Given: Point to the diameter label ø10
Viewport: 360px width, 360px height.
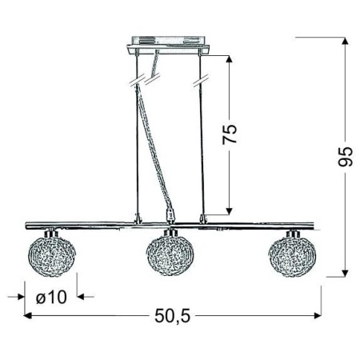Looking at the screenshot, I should [51, 296].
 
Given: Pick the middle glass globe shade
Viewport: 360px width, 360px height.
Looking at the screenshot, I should [169, 254].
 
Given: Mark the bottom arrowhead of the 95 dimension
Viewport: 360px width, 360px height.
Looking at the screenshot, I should [345, 272].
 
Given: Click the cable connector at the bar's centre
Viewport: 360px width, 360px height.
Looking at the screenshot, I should [169, 215].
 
